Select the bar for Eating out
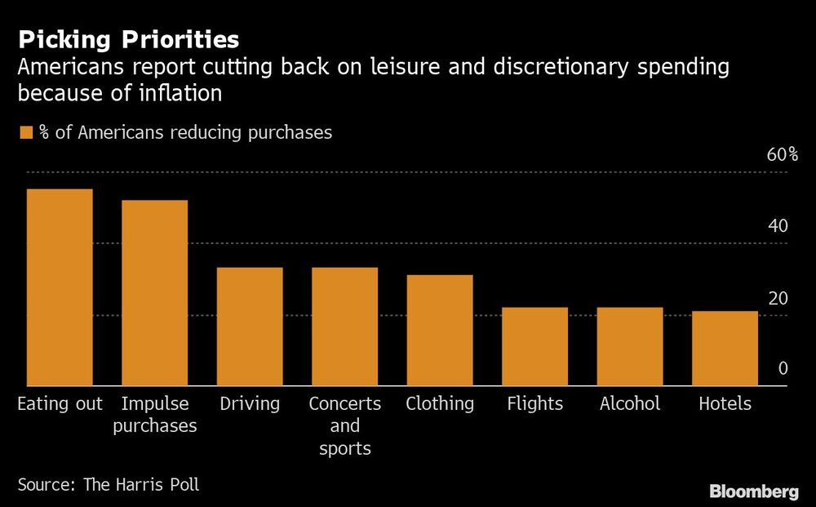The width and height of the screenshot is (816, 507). point(60,287)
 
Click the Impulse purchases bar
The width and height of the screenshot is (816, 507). point(154,293)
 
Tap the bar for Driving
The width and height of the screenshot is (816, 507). point(250,327)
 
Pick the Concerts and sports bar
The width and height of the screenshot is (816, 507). point(344,327)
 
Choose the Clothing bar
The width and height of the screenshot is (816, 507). point(440,331)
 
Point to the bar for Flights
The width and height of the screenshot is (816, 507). point(534,346)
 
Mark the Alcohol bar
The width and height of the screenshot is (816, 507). point(630,346)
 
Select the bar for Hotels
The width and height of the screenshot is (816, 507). point(725,349)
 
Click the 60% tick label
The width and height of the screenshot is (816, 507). point(783,155)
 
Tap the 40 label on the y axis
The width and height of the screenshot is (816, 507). point(778,226)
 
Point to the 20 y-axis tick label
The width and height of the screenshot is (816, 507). point(778,298)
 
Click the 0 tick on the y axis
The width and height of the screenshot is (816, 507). point(783,369)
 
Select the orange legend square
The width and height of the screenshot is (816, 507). point(26,132)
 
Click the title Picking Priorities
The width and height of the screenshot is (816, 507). point(129,39)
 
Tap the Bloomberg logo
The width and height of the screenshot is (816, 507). point(753,491)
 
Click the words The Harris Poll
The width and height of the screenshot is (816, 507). point(141,484)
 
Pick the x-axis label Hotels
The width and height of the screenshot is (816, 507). point(725,403)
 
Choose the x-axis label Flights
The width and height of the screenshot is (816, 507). point(534,403)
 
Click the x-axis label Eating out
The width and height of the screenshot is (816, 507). point(60,403)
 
